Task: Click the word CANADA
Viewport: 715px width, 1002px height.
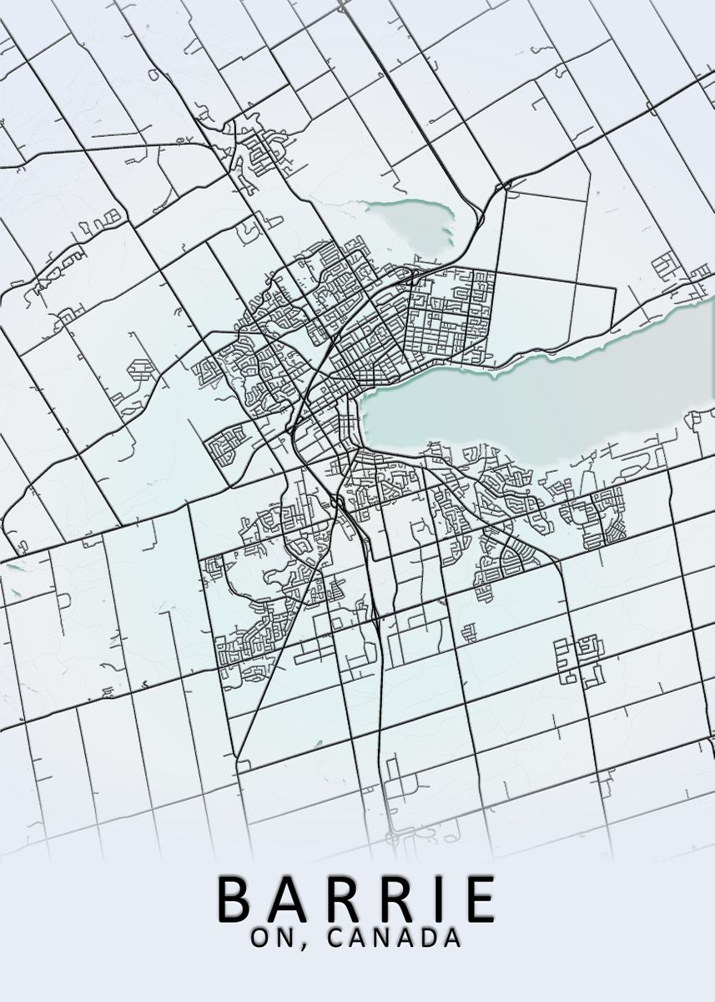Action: (395, 938)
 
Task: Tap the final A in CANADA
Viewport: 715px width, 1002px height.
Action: (453, 938)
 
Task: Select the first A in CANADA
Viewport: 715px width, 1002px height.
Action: (358, 938)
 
